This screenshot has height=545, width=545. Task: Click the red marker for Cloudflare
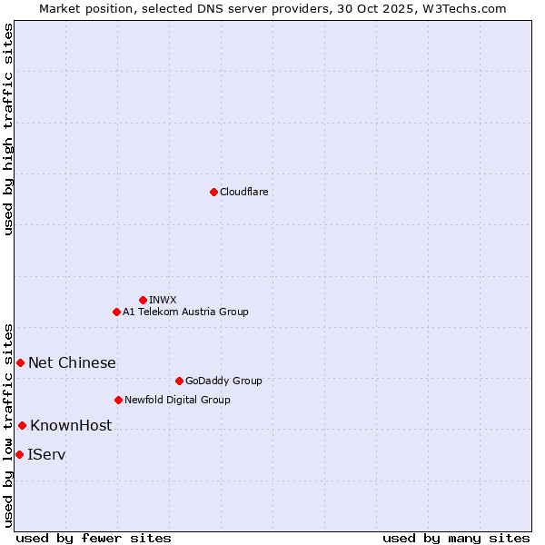pos(213,192)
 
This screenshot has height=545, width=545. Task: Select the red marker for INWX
pos(143,300)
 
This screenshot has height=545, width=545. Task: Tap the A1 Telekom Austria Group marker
pos(116,312)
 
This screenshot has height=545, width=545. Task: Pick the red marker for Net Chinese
pos(20,362)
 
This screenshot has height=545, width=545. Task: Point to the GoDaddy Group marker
pos(179,381)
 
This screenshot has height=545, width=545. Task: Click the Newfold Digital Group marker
pos(118,400)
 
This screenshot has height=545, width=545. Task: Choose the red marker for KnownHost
pos(22,425)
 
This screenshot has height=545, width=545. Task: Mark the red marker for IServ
pos(19,454)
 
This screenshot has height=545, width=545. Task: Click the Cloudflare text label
pos(244,192)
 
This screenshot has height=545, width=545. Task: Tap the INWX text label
pos(163,300)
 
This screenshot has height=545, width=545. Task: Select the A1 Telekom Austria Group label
pos(185,312)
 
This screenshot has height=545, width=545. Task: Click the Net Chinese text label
pos(72,362)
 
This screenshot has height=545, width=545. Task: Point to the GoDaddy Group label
pos(223,381)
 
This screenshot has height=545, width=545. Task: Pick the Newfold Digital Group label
pos(177,400)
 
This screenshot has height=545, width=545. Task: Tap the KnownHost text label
pos(71,425)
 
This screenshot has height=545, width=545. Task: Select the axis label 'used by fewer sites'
pos(94,538)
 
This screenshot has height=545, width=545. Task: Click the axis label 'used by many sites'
pos(456,538)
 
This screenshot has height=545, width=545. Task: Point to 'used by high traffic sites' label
pos(8,129)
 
